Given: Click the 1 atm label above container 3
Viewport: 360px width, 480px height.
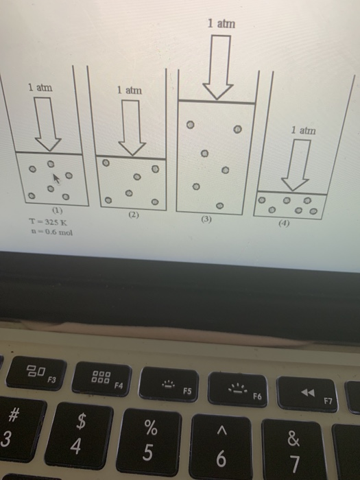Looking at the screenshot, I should click(221, 24).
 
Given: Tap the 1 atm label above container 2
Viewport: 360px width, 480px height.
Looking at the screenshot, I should click(129, 90).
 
